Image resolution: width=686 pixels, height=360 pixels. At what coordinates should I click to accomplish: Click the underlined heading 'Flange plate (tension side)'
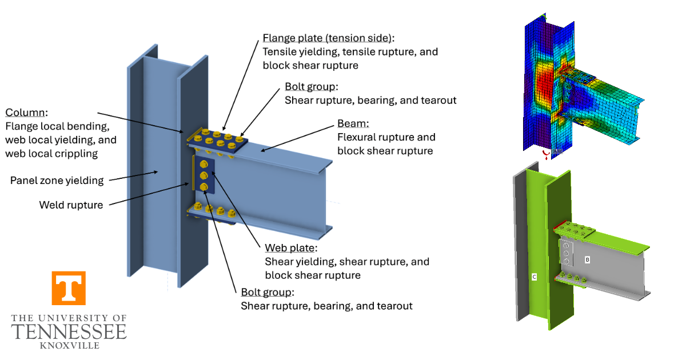click(328, 38)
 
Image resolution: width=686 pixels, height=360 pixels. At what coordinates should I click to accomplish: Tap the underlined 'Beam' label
click(353, 123)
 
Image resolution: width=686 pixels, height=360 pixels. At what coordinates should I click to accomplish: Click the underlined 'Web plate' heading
click(290, 249)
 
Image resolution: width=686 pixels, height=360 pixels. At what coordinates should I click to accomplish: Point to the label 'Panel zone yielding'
click(57, 181)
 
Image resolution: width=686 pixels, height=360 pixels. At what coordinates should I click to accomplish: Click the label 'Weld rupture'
click(71, 205)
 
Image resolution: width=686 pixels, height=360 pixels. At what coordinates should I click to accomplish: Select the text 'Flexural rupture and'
click(386, 137)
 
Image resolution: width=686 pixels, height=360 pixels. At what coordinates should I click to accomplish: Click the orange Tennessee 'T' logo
click(69, 288)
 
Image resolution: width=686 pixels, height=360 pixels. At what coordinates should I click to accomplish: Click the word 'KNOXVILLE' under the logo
click(69, 345)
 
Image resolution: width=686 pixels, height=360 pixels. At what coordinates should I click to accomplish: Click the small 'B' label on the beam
click(587, 259)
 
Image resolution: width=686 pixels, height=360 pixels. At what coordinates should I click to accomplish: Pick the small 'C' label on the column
click(534, 277)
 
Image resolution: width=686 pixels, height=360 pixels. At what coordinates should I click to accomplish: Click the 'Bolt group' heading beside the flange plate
click(311, 87)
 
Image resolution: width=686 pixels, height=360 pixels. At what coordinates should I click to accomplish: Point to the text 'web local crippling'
click(51, 153)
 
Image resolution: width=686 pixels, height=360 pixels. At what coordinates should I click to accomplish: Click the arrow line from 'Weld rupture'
click(149, 194)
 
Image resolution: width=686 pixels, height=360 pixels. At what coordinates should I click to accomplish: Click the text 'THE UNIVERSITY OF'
click(69, 318)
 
